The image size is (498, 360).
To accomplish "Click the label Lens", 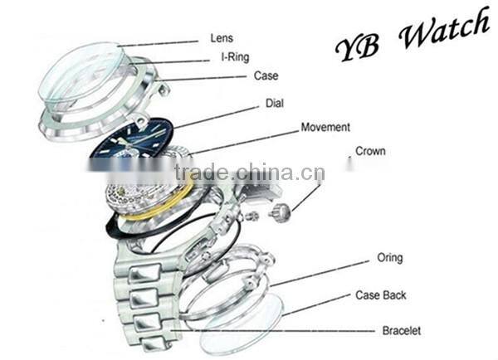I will [x=222, y=38].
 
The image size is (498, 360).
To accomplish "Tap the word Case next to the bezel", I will [x=266, y=76].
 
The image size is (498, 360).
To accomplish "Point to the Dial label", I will [x=274, y=104].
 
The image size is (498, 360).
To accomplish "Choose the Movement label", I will [x=325, y=128].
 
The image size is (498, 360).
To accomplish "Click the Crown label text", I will [x=370, y=152].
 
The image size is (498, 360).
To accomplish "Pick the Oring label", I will [x=389, y=258].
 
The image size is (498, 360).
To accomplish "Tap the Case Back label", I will [x=381, y=295].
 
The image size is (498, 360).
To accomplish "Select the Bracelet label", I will [x=403, y=330].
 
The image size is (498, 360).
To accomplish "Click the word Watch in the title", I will [x=444, y=32].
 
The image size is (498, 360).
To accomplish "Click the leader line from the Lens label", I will [x=162, y=42].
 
